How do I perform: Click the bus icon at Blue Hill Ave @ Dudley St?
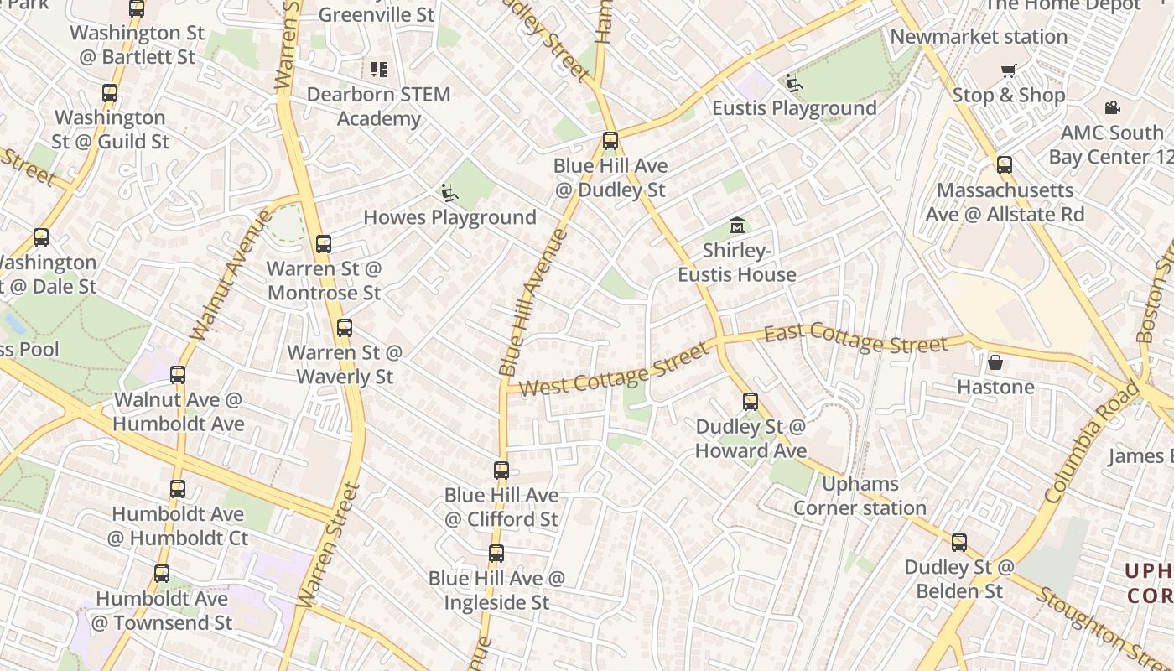(610, 141)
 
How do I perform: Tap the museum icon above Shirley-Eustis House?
(737, 225)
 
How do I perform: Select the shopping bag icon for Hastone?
(995, 362)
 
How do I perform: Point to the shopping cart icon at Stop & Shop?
(1008, 70)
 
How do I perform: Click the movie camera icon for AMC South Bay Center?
(1112, 107)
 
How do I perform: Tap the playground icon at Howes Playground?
(449, 193)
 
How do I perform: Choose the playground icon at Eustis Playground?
(793, 83)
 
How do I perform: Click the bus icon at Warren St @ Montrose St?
(324, 244)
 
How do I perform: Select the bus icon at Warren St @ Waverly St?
(345, 328)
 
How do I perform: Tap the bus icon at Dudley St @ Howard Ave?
(751, 402)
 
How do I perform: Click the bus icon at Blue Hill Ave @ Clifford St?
(501, 471)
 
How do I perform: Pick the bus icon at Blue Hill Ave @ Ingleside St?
(496, 554)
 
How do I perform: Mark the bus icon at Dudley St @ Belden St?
(959, 543)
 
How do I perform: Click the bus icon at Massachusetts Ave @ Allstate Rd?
(1005, 165)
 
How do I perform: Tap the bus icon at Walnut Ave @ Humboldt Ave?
(178, 375)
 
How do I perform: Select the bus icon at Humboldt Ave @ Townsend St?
(162, 575)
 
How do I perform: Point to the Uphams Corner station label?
(860, 496)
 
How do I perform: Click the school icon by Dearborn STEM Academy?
(379, 69)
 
